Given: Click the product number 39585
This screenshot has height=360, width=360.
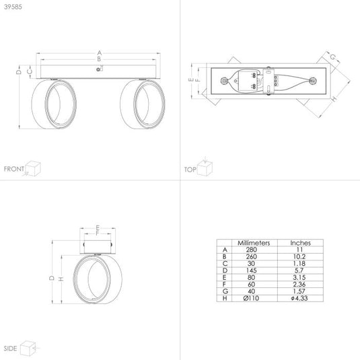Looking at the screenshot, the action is (x=13, y=7).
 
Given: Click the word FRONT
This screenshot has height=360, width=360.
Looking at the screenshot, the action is (x=14, y=169).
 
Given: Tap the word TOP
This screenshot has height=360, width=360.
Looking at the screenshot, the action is (x=190, y=170).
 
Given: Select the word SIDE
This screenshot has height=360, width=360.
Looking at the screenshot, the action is (x=10, y=349).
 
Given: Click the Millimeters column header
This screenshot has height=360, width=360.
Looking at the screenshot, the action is (x=254, y=243).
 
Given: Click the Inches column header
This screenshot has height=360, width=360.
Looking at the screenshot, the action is (x=300, y=243).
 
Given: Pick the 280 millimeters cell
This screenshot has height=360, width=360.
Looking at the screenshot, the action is (x=252, y=250).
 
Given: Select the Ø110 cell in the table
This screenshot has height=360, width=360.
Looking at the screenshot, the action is (x=251, y=298).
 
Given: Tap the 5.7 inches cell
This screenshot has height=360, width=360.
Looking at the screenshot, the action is (x=299, y=271).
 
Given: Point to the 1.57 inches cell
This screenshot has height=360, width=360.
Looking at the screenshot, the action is (x=299, y=291).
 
